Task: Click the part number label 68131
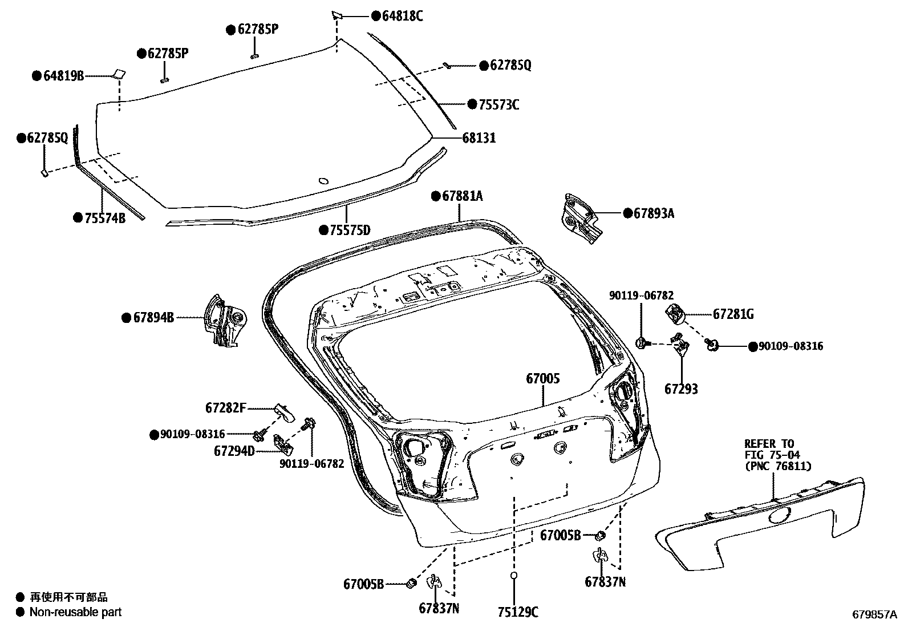479,138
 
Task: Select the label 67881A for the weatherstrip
462,196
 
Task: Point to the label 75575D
349,230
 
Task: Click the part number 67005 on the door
542,378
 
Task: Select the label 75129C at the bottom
517,612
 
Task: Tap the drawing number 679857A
874,614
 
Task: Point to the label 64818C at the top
402,16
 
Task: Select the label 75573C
498,104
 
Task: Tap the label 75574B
104,217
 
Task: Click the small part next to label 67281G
675,313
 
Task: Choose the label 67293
681,389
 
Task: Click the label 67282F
226,408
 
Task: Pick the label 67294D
234,451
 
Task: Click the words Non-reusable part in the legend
75,612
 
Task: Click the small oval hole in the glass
323,181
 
